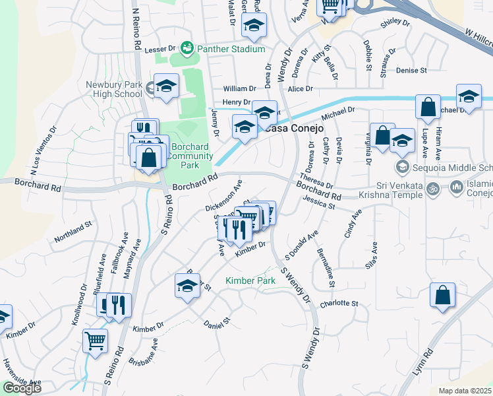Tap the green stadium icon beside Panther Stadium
188,49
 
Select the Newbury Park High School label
114,89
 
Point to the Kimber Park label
250,281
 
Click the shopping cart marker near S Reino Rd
96,341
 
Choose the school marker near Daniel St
187,286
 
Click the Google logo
22,388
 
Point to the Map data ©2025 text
465,391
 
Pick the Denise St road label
412,70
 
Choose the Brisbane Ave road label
146,353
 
